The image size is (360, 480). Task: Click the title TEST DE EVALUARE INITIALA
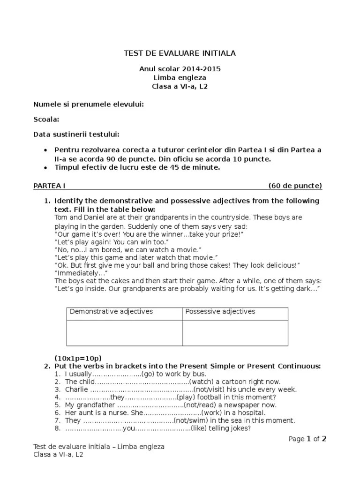(180, 53)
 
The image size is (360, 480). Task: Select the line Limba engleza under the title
(180, 78)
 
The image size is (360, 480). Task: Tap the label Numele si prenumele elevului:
(88, 104)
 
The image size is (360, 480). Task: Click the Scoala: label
(46, 120)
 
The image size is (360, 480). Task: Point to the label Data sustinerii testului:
(76, 135)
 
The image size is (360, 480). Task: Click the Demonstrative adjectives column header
(111, 312)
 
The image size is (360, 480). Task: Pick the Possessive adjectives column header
(220, 312)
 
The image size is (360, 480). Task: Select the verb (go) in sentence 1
(148, 374)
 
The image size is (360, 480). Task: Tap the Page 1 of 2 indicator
(307, 439)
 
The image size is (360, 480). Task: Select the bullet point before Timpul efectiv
(45, 168)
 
